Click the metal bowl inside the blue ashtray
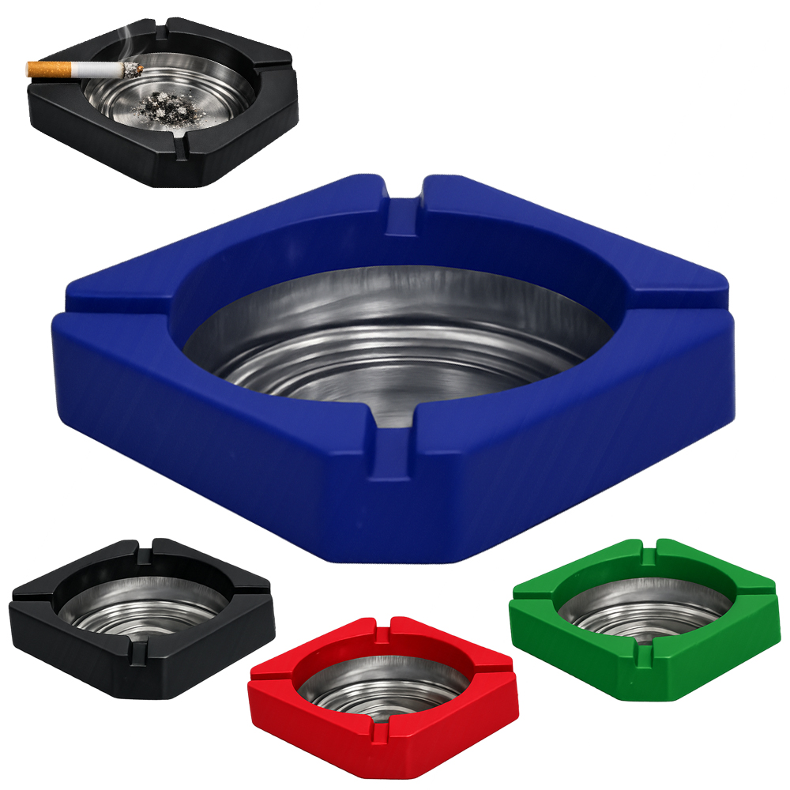point(395,348)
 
